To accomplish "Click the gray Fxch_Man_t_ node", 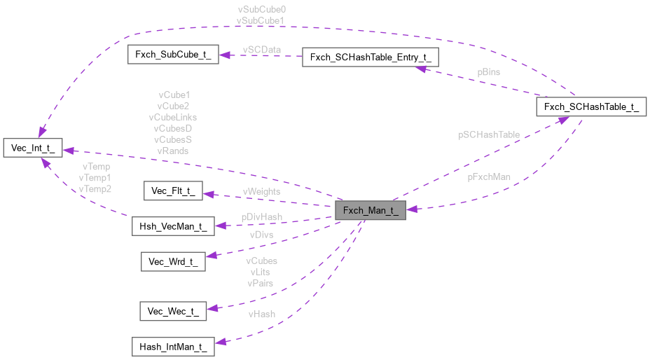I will [x=371, y=211].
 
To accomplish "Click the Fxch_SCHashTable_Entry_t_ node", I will [x=370, y=57].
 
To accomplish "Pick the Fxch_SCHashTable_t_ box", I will [x=590, y=107].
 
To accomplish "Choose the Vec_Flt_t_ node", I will [x=173, y=190].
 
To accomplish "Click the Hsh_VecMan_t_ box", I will [x=173, y=226].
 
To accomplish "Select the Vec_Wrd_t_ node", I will [x=173, y=262].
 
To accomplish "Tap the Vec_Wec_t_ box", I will [x=173, y=311].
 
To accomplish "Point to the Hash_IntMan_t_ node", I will [x=173, y=347].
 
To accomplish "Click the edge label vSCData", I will [x=261, y=50].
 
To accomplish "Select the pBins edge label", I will [x=489, y=72].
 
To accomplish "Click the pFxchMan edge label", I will [x=489, y=177].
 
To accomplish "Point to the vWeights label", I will [x=261, y=191].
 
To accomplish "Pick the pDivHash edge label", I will [x=261, y=218].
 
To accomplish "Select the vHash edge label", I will [x=262, y=314].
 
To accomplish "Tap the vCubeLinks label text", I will [x=172, y=117].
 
